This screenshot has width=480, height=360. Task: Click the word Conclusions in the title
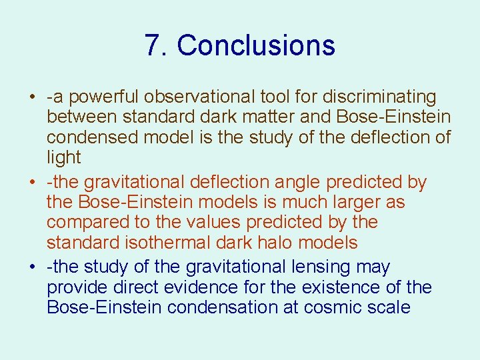[x=256, y=45]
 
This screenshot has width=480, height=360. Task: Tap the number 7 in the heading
[x=153, y=45]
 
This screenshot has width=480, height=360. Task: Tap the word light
[x=63, y=158]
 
